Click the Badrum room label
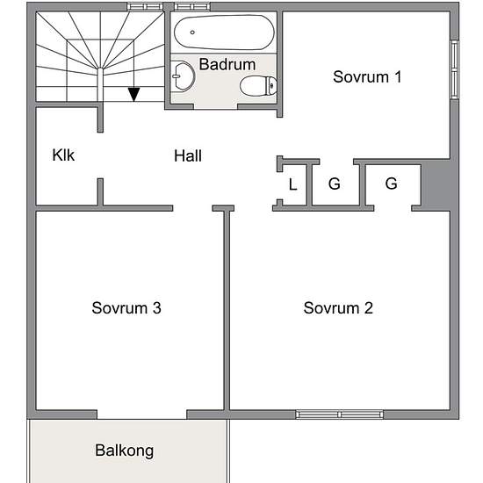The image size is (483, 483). point(227,64)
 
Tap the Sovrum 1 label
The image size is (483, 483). point(367,76)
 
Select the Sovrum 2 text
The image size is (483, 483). point(338,307)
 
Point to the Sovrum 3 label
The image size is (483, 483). point(126,307)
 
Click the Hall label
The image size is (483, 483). point(188,155)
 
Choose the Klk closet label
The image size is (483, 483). point(63,155)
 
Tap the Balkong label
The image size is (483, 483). point(125,451)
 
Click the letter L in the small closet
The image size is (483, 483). point(293,184)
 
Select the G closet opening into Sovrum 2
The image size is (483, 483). point(391,184)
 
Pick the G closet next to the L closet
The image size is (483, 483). point(335,184)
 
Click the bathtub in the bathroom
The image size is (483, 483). point(224,32)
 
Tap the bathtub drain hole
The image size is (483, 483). point(192,32)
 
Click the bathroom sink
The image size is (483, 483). point(183,76)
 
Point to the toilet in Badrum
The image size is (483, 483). point(258,86)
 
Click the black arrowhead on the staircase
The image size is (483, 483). point(134,94)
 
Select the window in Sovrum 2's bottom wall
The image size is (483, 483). point(340,415)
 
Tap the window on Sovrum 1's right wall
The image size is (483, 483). point(455,69)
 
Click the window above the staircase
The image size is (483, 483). point(145,7)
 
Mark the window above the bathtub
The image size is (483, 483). point(192,7)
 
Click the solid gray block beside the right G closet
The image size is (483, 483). point(436,185)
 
